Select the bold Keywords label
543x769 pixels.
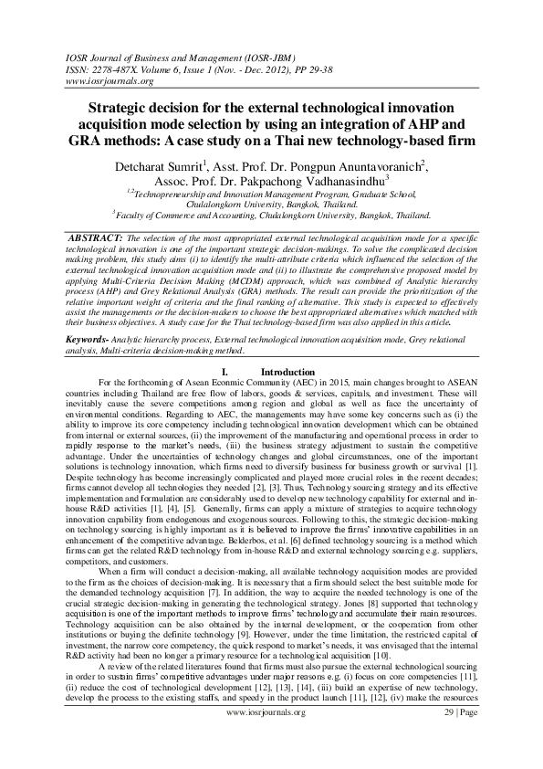(91, 338)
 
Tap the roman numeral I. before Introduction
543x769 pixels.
(224, 372)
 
